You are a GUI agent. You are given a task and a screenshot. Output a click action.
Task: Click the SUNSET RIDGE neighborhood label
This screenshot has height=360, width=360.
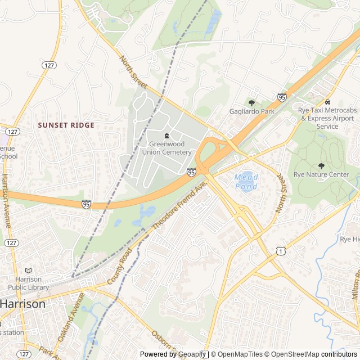pos(66,125)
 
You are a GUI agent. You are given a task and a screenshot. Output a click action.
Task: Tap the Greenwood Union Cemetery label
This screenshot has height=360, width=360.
pos(166,148)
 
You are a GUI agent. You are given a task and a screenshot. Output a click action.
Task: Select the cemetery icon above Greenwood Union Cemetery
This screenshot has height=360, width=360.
pos(166,136)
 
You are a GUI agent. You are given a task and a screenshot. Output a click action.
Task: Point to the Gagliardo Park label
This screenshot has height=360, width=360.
pos(251,111)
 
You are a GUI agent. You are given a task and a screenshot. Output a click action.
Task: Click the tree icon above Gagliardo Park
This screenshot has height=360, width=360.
pos(251,103)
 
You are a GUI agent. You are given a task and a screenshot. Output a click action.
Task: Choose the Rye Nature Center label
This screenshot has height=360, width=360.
pos(321,174)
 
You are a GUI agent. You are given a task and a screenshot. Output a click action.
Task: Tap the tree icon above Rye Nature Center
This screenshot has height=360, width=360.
pos(321,166)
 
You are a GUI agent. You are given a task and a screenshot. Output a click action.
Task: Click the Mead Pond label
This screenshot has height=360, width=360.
pos(246,181)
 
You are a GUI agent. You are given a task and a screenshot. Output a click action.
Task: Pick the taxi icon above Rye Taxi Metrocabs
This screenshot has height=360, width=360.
pos(327,102)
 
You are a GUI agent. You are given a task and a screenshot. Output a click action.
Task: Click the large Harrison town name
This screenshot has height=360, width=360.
pos(23,304)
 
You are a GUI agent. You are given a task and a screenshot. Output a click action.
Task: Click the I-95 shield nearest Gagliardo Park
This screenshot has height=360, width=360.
pos(282,97)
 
